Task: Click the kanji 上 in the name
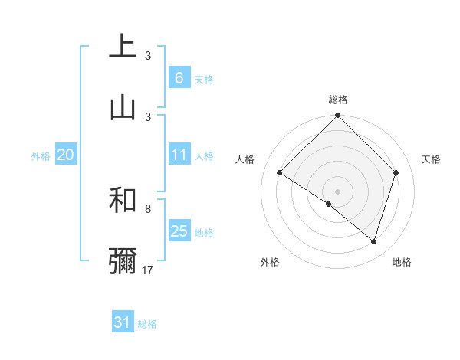(x=123, y=47)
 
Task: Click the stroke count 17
(x=149, y=270)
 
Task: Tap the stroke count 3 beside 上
(x=148, y=56)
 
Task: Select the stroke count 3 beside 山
(x=148, y=116)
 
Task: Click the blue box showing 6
(x=179, y=77)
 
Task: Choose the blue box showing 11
(x=179, y=155)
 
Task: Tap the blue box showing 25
(x=179, y=231)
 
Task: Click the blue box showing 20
(x=65, y=155)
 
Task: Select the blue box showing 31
(x=123, y=323)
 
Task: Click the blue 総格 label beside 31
(x=147, y=324)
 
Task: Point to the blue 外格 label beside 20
(x=41, y=155)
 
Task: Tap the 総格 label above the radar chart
(x=337, y=100)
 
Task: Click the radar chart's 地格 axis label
(x=402, y=262)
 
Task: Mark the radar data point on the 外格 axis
(x=329, y=205)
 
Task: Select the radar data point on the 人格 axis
(x=280, y=173)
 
